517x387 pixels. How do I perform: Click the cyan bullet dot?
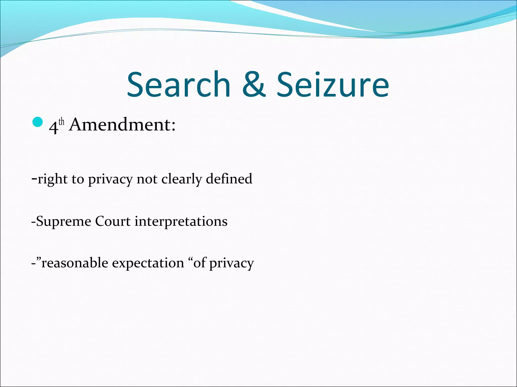[x=38, y=122]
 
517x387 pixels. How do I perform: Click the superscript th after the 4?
[x=61, y=122]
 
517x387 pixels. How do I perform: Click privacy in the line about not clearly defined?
[x=110, y=179]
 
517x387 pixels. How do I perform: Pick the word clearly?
[x=182, y=179]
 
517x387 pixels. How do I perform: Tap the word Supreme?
[x=64, y=222]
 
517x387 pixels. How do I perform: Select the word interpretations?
[x=181, y=222]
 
